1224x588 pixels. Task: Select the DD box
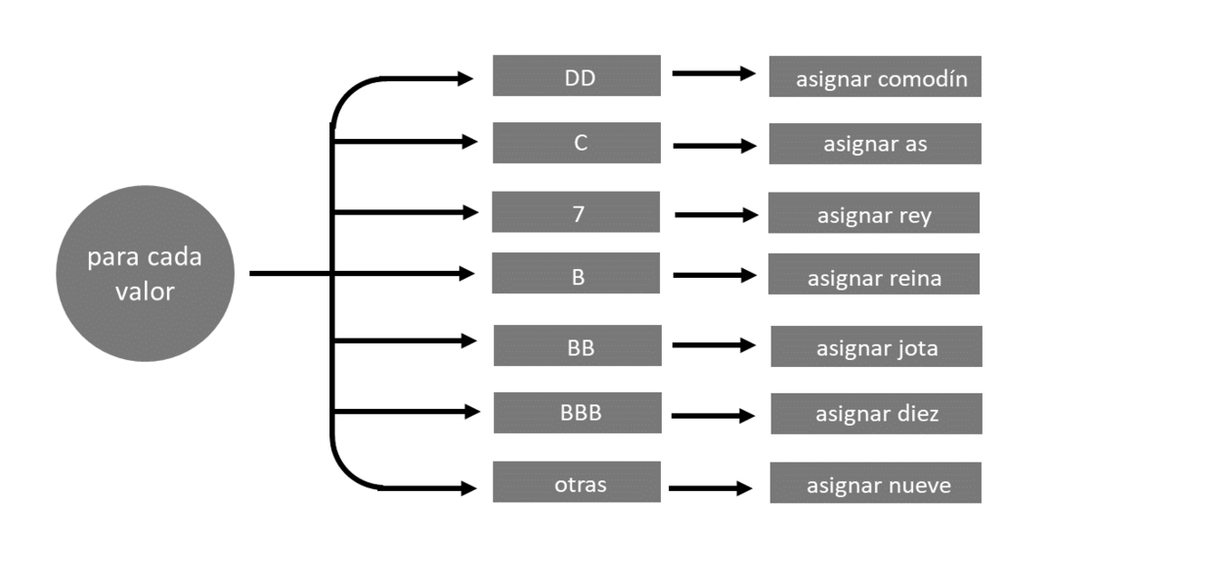click(577, 75)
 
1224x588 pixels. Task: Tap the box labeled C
click(577, 143)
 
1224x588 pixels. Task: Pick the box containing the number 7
click(576, 211)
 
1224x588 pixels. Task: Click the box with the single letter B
click(576, 273)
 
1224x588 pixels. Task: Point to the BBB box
click(578, 412)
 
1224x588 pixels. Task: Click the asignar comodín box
click(875, 76)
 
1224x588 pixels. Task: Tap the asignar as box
click(875, 144)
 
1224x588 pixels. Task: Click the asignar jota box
click(876, 346)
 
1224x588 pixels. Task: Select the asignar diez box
click(876, 413)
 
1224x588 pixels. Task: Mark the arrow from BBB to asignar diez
click(713, 416)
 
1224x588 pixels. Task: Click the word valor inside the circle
click(145, 291)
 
